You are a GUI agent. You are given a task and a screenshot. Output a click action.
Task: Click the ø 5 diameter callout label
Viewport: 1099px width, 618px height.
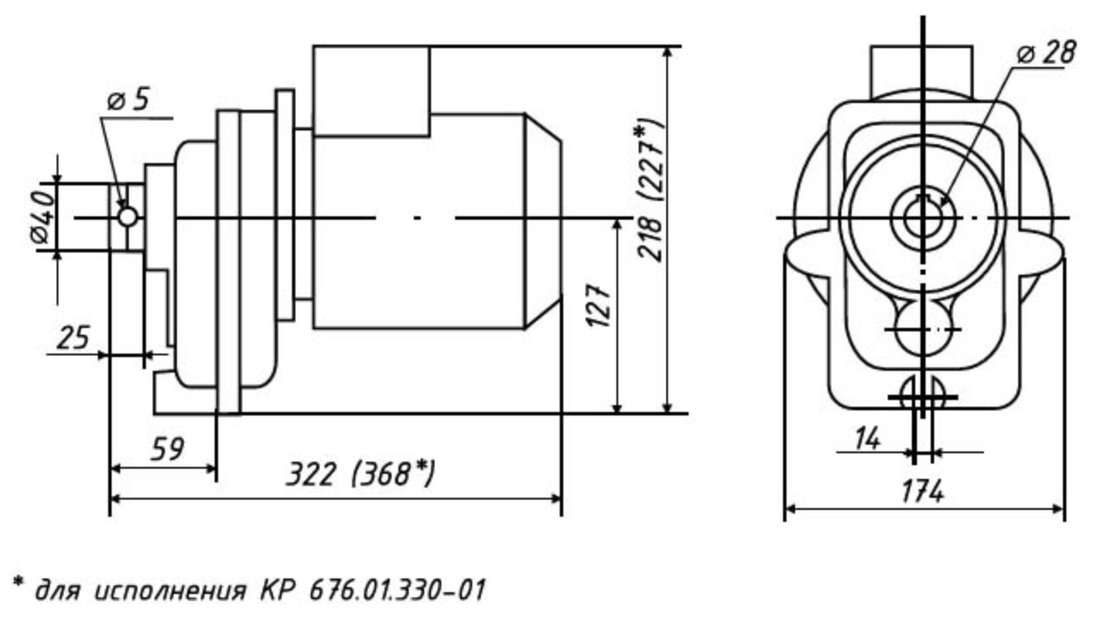(129, 100)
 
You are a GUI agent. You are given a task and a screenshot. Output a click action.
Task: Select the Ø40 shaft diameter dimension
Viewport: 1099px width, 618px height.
(42, 217)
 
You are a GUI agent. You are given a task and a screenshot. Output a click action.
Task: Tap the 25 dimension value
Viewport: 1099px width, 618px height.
(74, 337)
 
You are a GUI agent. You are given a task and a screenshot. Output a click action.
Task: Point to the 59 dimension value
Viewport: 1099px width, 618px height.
(167, 449)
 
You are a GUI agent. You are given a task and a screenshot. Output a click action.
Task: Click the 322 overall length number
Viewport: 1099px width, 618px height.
(312, 475)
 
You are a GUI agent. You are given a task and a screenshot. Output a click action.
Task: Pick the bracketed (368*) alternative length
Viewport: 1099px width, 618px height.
(393, 475)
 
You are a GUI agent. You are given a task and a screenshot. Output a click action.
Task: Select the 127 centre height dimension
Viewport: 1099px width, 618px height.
(599, 305)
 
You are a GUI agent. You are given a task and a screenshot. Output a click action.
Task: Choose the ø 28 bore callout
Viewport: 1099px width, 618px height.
(1046, 52)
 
